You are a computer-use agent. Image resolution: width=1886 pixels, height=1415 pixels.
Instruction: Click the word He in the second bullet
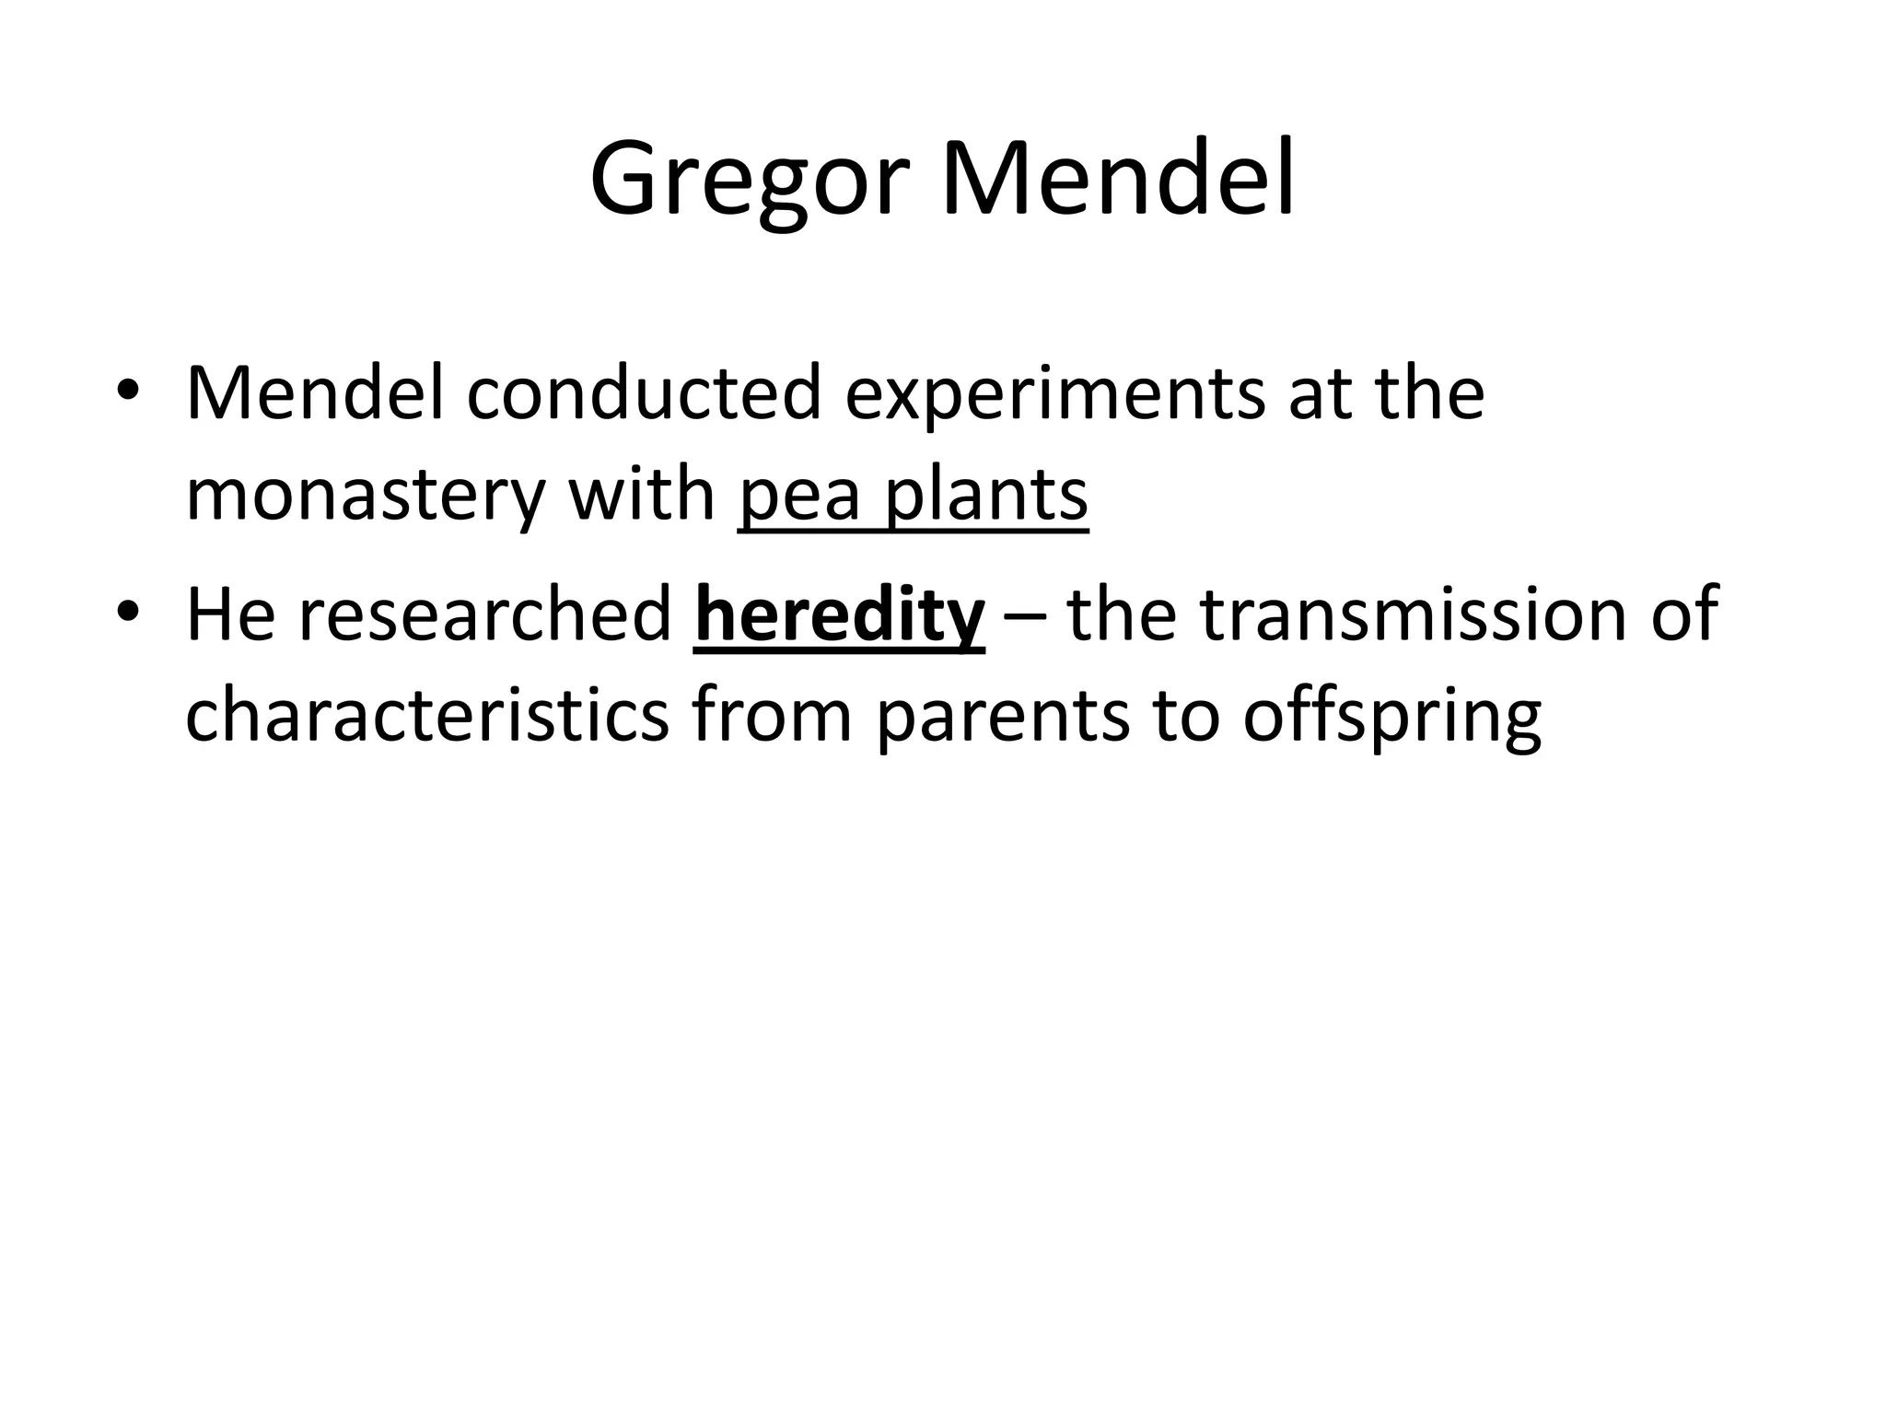point(230,614)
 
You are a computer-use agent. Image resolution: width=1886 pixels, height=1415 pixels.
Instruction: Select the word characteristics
point(426,716)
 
